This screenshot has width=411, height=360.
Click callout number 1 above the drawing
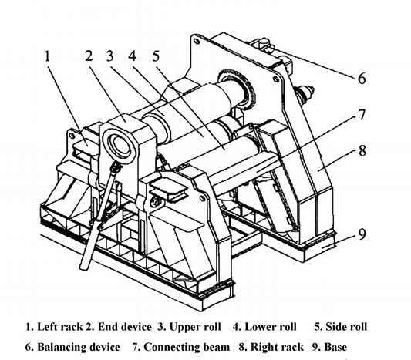(x=48, y=56)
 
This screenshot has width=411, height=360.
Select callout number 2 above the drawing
(x=89, y=56)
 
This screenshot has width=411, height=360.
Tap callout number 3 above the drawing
(x=110, y=56)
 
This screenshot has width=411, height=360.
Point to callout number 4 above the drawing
(x=133, y=56)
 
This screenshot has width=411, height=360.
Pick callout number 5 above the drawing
(x=157, y=56)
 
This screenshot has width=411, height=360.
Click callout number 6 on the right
(x=362, y=78)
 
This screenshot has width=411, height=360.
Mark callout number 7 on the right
(x=362, y=115)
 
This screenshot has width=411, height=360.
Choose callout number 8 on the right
(x=362, y=150)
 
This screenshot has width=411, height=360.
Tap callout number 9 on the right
(x=362, y=234)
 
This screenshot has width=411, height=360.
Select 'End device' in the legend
(x=125, y=327)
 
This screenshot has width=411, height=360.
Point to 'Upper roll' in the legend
(x=195, y=327)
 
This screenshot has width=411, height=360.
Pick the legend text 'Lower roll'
(x=271, y=327)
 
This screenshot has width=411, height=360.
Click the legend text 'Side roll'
(x=346, y=327)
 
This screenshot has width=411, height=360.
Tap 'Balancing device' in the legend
(x=79, y=347)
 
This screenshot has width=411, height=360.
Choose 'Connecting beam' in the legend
(x=187, y=347)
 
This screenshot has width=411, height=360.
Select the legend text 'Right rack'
(x=277, y=347)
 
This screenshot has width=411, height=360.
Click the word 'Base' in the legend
(x=335, y=347)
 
